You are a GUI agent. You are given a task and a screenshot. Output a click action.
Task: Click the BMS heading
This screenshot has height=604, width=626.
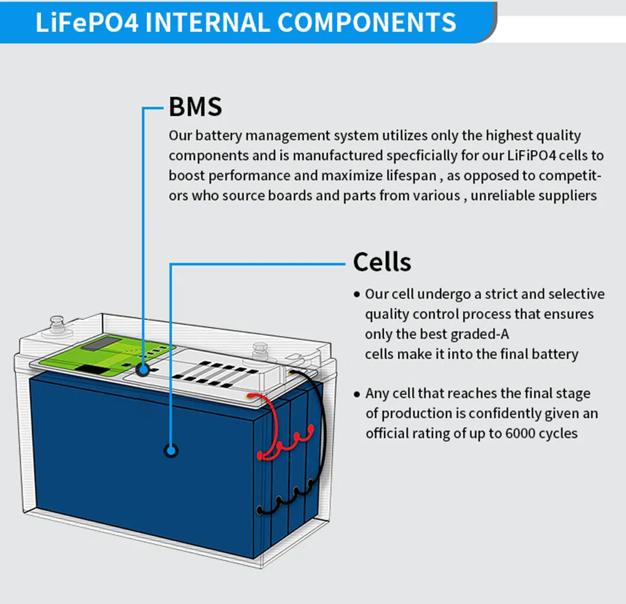(x=195, y=107)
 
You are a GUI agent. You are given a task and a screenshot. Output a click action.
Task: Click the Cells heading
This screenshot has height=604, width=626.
(x=382, y=262)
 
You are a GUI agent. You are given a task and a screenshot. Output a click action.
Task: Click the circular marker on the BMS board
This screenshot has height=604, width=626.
(x=142, y=370)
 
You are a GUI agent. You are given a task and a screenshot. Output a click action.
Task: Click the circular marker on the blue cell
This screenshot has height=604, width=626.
(x=171, y=450)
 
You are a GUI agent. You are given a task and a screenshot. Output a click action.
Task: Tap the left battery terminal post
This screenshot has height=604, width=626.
(x=57, y=324)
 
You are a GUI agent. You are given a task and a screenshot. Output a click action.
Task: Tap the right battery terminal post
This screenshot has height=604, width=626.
(x=260, y=351)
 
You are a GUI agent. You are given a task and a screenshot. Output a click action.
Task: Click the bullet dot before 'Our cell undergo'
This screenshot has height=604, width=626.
(x=356, y=294)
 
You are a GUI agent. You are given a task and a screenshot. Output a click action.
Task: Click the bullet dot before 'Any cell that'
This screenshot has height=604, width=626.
(x=356, y=394)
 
